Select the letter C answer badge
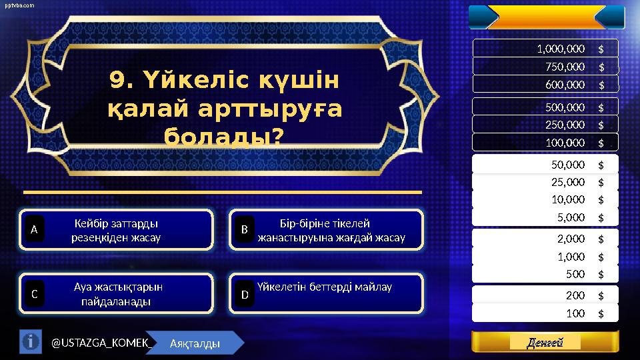point(35,293)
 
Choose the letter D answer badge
point(245,293)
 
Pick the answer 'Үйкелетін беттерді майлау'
point(325,287)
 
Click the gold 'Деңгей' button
point(545,342)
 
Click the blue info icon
point(30,342)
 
